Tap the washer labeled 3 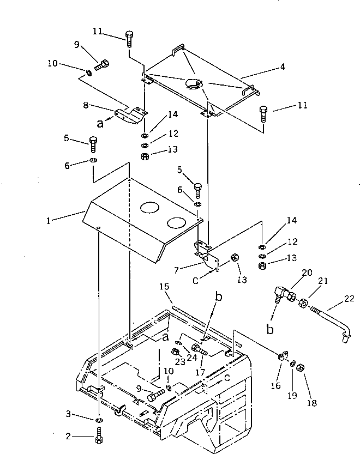pos(98,421)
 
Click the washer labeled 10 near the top pos(88,72)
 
